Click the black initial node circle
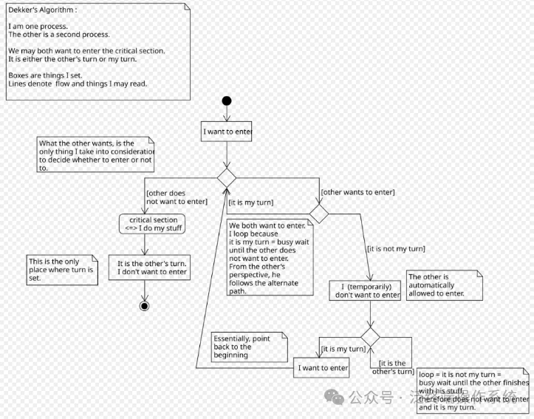[x=227, y=101]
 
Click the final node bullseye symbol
[x=145, y=306]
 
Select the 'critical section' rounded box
[x=153, y=224]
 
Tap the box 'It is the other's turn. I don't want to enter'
[x=148, y=267]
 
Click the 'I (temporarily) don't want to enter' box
[x=366, y=290]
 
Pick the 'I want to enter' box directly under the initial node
[x=227, y=132]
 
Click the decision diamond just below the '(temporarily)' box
[x=370, y=337]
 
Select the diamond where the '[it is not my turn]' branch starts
[x=318, y=213]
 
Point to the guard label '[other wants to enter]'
[x=357, y=192]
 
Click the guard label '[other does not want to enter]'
[x=176, y=197]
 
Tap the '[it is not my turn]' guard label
[x=395, y=249]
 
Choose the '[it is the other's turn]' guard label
[x=392, y=367]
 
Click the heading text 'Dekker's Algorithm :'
[x=42, y=10]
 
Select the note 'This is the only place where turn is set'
[x=62, y=270]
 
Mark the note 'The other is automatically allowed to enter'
[x=444, y=285]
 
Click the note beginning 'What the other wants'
[x=96, y=155]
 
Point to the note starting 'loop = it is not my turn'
[x=473, y=390]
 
